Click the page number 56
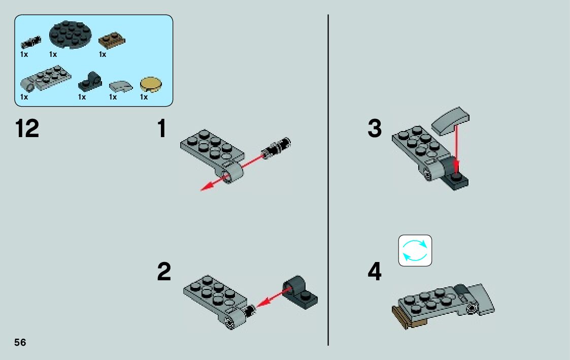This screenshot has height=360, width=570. [x=20, y=342]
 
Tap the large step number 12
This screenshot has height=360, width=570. [x=27, y=128]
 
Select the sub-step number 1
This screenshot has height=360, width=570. [x=162, y=128]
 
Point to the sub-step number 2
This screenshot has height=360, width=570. [x=164, y=272]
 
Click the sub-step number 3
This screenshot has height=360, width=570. [x=375, y=128]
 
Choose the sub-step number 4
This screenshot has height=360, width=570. [x=375, y=272]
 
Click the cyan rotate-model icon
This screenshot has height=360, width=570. [x=415, y=250]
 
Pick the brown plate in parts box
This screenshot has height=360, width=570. [x=112, y=40]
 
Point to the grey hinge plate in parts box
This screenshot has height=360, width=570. [x=45, y=78]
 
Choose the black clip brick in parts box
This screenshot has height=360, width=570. [x=91, y=80]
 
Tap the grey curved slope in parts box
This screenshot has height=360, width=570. [x=120, y=84]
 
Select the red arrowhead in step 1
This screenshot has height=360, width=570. [x=206, y=188]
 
